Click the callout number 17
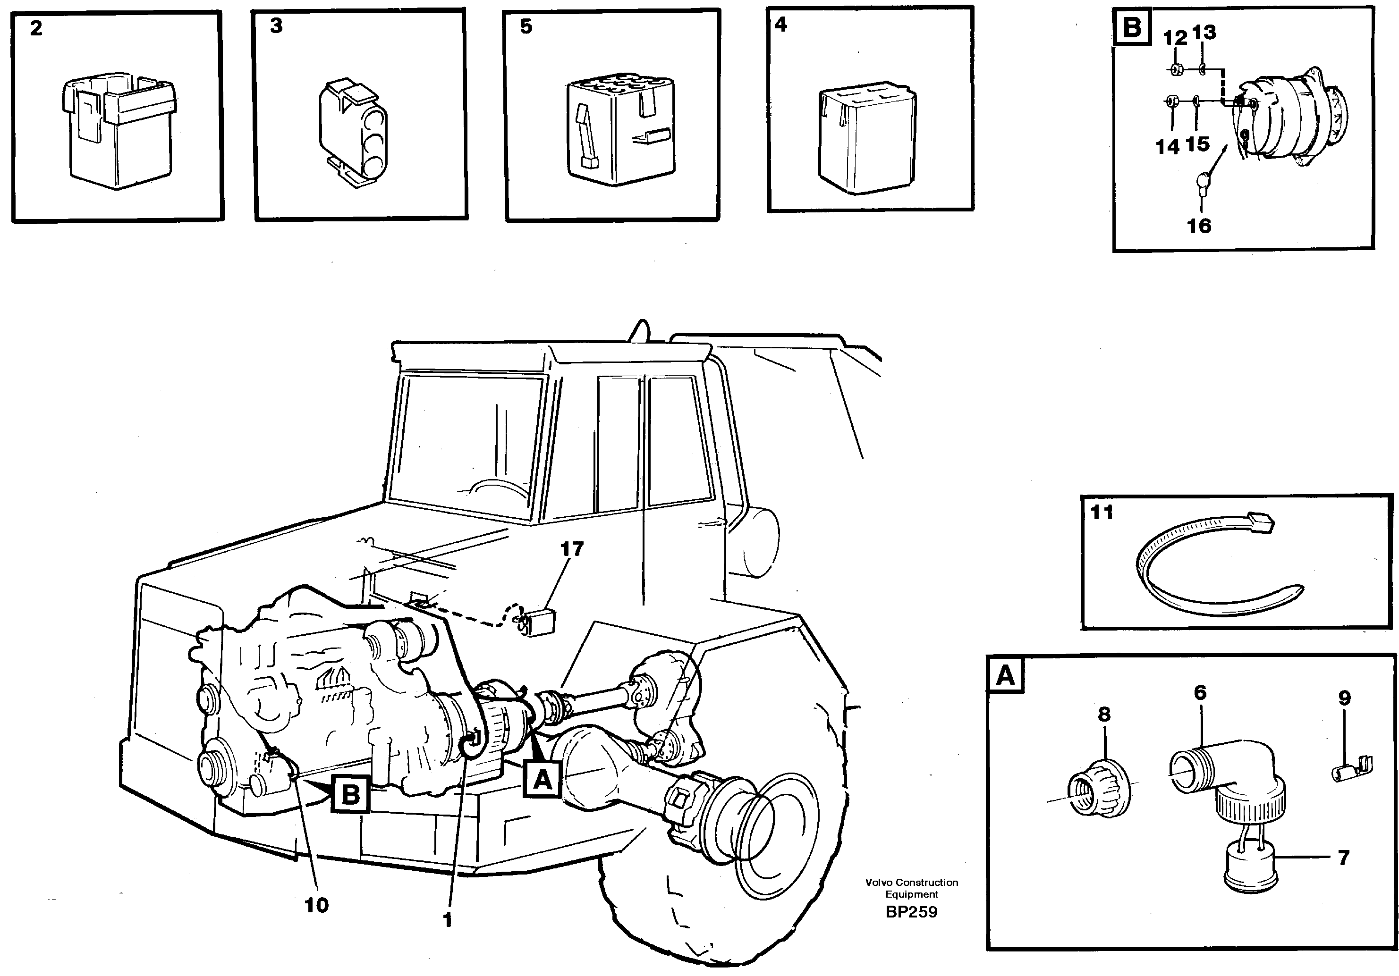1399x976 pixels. pos(571,549)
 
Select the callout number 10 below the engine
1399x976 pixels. pos(316,905)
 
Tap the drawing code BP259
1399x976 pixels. pos(912,912)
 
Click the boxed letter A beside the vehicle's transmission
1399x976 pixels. pos(542,779)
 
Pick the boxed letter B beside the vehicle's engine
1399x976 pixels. pos(350,794)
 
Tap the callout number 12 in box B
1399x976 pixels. pos(1175,38)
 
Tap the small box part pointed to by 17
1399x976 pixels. pos(539,622)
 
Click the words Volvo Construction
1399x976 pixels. pos(912,882)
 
